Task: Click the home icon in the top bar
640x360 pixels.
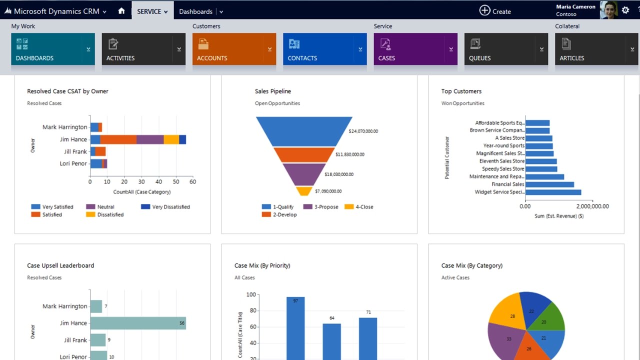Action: click(x=121, y=11)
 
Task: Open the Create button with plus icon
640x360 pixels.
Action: click(x=495, y=11)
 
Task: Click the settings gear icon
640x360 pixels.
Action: click(x=625, y=10)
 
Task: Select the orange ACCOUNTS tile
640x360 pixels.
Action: click(x=234, y=49)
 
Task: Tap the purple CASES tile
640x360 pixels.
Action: click(x=415, y=49)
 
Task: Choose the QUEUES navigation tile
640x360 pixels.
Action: click(x=506, y=49)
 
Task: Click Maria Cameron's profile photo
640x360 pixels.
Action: click(x=608, y=10)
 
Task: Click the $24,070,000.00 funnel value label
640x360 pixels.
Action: click(x=363, y=131)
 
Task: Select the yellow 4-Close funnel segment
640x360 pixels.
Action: click(x=304, y=191)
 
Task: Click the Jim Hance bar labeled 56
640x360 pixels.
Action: click(x=138, y=323)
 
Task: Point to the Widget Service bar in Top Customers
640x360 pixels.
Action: click(x=553, y=192)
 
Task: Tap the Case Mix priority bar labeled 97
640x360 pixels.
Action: click(x=295, y=327)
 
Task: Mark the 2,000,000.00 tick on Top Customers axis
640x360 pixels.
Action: click(x=592, y=206)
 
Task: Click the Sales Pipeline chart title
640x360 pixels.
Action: click(x=272, y=91)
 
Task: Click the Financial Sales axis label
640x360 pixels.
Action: click(x=508, y=184)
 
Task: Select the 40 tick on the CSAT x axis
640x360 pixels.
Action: click(x=158, y=182)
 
